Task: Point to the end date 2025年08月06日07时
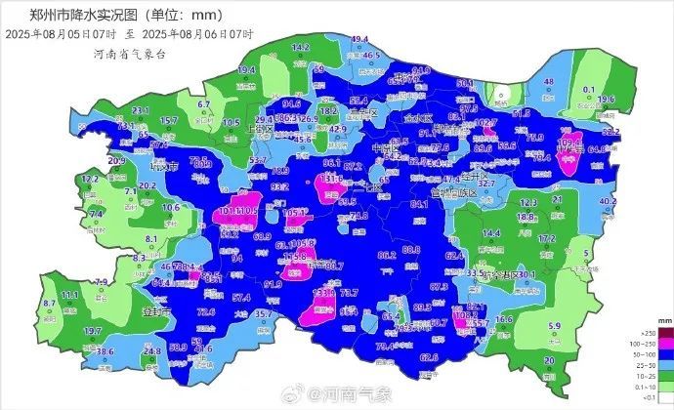coord(204,34)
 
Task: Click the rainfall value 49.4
coord(360,39)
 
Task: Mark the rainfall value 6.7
coord(204,103)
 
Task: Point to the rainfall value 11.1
coord(69,294)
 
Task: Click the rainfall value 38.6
coord(105,351)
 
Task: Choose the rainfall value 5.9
coord(555,326)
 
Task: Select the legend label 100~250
coord(641,343)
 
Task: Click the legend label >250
coord(641,334)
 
